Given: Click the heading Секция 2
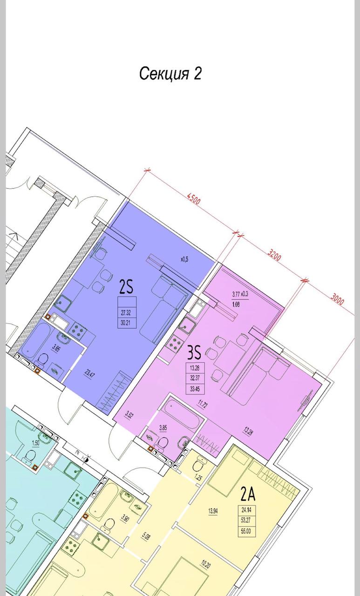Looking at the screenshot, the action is pos(170,74).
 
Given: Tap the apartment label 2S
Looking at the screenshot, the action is pos(126,287).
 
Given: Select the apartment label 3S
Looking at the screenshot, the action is pos(194,353).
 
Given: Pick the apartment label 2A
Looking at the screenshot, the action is pos(248,494).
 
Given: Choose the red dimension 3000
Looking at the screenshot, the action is pos(337,299).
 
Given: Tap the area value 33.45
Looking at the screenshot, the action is pos(195,389).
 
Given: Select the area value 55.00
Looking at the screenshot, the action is pos(245,531).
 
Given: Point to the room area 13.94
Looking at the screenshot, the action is pos(213,511).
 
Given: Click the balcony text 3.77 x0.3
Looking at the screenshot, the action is pos(240,295).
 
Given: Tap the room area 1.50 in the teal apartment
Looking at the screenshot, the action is pos(35,443).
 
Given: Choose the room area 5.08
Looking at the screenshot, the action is pos(145,536).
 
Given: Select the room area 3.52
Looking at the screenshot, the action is pos(129,415).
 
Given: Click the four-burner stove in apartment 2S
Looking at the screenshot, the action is pos(77,329).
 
